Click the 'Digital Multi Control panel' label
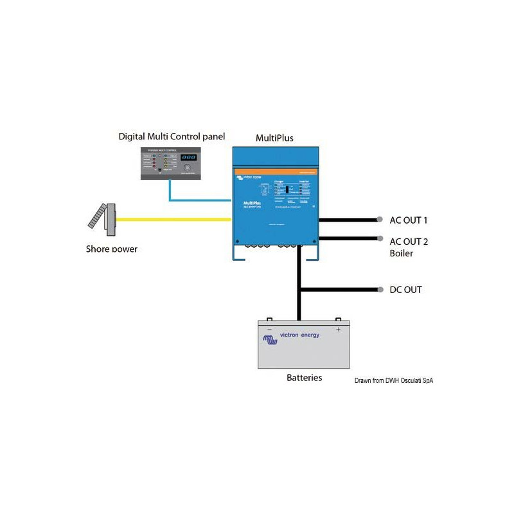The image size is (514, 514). tap(172, 137)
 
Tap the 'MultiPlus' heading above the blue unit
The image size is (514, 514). tap(274, 138)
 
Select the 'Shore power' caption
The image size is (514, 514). tap(112, 249)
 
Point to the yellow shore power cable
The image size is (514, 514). tap(173, 220)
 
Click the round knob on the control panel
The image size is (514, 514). tap(188, 167)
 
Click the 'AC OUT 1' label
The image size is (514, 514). tap(409, 220)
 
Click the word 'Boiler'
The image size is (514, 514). tap(402, 254)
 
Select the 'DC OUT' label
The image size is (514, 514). tap(405, 290)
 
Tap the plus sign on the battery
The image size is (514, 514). tap(338, 329)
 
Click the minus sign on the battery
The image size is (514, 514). tap(270, 329)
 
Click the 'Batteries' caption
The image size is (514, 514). tap(304, 378)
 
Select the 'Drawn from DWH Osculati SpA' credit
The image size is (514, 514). tap(394, 380)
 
